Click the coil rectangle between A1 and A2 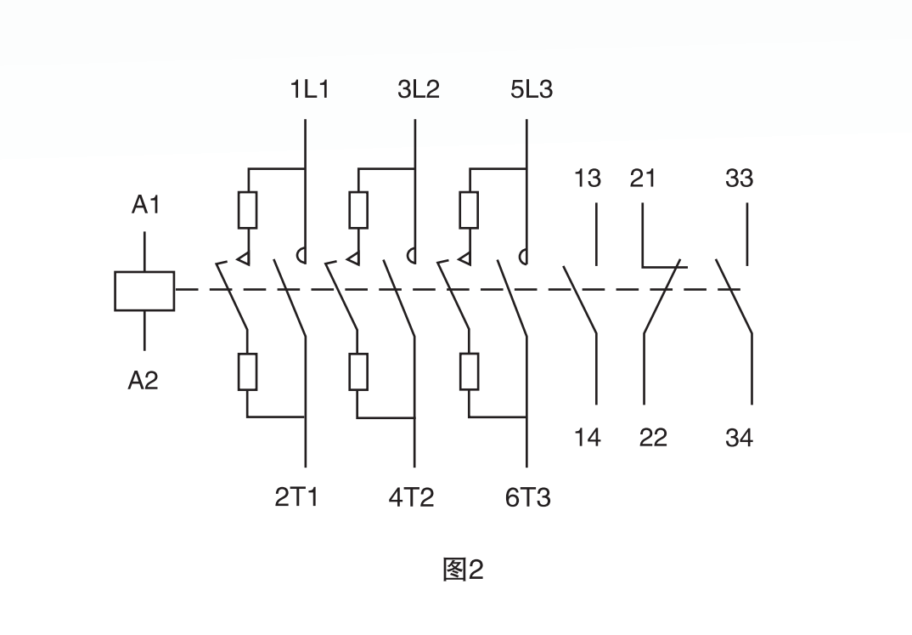(x=144, y=291)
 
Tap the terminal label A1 (x=145, y=205)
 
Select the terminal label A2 (x=144, y=380)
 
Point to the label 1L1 (x=309, y=89)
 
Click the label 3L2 (x=419, y=89)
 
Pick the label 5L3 (x=532, y=89)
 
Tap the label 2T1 (x=296, y=497)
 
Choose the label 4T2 (x=411, y=497)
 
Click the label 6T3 (x=527, y=497)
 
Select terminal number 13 (x=587, y=179)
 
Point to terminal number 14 (x=587, y=438)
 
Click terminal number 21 (x=643, y=179)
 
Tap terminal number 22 (x=653, y=438)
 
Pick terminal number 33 (x=739, y=179)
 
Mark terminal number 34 (x=739, y=439)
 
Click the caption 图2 (x=463, y=570)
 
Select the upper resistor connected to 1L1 (x=247, y=210)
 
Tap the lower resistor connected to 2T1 (x=247, y=371)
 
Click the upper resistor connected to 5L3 (x=469, y=210)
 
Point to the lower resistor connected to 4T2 (x=357, y=371)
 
